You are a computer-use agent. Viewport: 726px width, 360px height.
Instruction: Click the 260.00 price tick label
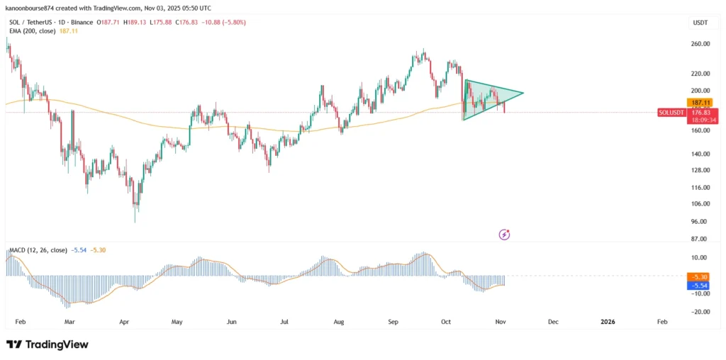[x=700, y=44]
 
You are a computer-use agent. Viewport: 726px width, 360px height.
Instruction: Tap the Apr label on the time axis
[x=124, y=322]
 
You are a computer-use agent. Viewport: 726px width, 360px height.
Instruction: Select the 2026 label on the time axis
[x=608, y=322]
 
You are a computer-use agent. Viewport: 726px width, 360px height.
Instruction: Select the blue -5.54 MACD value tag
[x=700, y=285]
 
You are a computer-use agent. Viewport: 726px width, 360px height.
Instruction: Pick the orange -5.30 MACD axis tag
[x=700, y=276]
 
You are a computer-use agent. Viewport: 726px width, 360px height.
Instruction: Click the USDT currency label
[x=700, y=23]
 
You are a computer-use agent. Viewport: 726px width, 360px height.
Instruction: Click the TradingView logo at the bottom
[x=48, y=344]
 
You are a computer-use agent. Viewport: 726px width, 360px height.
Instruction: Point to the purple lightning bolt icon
[x=505, y=234]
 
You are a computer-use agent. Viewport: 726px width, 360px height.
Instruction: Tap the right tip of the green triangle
[x=523, y=93]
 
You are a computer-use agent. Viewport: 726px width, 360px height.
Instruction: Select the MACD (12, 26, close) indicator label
[x=37, y=250]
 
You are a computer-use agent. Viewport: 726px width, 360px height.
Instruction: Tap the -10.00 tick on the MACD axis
[x=700, y=293]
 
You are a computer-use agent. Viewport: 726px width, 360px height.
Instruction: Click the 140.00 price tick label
[x=700, y=154]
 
